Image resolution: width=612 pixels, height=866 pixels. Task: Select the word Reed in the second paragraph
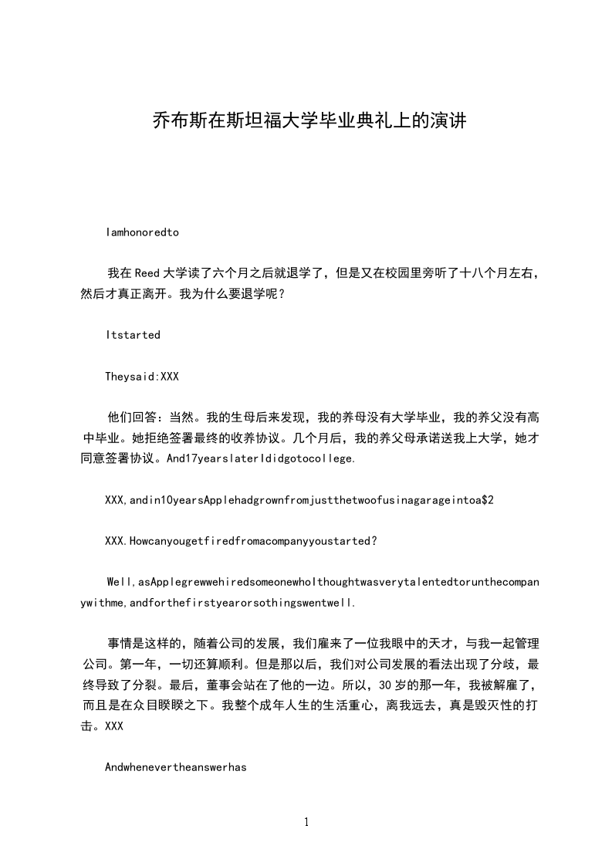146,272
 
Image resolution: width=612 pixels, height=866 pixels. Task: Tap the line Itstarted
133,335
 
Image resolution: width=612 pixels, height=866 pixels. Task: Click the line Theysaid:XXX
142,377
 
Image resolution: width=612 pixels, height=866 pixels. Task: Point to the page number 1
306,821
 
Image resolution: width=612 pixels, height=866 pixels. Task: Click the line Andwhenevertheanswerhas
175,768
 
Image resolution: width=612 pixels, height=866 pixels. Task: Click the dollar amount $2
488,500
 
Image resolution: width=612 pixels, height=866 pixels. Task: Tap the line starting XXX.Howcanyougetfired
241,541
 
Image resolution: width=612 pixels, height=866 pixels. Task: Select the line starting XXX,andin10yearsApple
299,500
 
